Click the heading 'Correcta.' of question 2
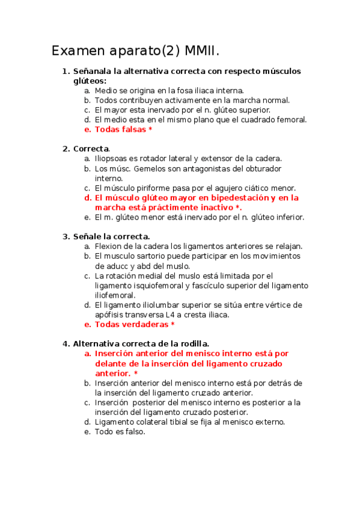pos(91,149)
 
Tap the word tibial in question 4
pos(178,422)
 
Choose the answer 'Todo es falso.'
pos(120,431)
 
